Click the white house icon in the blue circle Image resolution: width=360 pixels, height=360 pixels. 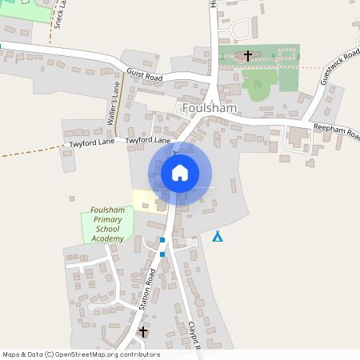(x=180, y=173)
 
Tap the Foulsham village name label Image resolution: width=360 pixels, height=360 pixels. (x=207, y=107)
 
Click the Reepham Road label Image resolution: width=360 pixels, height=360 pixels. (x=336, y=130)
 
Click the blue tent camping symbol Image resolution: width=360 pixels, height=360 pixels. (x=218, y=236)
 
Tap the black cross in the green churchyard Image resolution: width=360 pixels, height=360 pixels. (x=248, y=56)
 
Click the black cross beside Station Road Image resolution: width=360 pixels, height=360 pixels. (x=144, y=331)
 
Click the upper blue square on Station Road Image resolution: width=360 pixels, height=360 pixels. (x=162, y=240)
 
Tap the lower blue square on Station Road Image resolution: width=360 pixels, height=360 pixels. (x=162, y=254)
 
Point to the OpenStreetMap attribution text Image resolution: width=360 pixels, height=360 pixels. (x=81, y=354)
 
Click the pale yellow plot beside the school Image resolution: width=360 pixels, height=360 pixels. (x=144, y=200)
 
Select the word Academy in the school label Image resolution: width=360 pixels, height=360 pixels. (x=107, y=238)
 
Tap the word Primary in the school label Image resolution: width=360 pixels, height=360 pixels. (x=106, y=219)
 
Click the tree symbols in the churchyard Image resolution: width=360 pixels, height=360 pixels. (x=258, y=83)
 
